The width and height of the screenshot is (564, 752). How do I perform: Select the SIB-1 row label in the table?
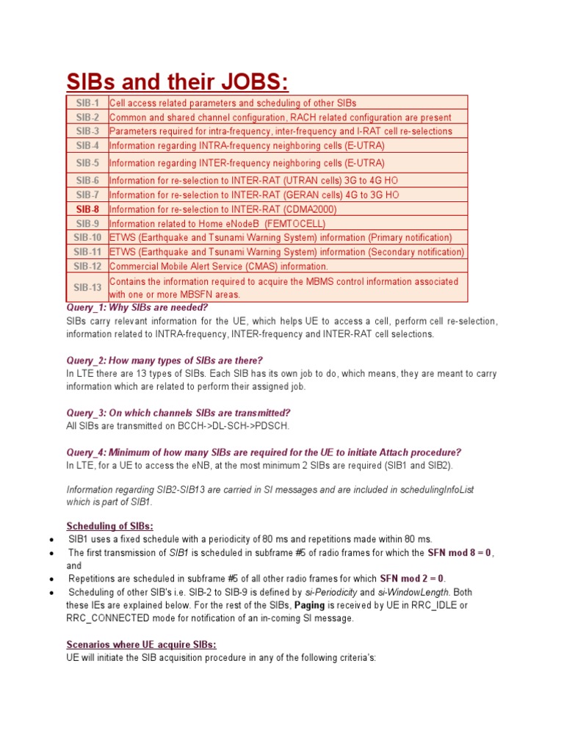[87, 103]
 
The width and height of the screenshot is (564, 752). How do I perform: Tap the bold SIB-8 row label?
[87, 209]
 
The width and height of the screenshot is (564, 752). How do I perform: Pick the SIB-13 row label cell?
[87, 287]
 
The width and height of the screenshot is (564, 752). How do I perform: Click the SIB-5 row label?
[87, 163]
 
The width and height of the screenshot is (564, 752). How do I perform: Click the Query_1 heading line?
[137, 308]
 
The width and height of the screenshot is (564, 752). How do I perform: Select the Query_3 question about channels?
[178, 413]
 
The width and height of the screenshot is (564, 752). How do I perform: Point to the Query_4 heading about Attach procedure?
[264, 452]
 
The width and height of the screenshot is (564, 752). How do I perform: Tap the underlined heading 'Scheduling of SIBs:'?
[110, 526]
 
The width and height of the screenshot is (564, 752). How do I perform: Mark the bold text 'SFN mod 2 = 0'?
[412, 579]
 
